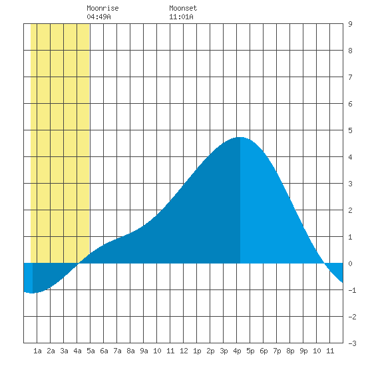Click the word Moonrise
point(102,8)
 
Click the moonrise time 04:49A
point(98,17)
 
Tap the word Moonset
point(183,8)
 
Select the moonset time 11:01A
point(181,17)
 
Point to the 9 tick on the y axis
point(350,24)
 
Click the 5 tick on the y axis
point(350,130)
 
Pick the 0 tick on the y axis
point(350,264)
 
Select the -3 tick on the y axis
point(352,343)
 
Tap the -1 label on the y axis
point(352,290)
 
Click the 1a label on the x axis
point(37,351)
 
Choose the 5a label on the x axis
point(91,351)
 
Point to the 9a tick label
point(144,351)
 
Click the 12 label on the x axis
point(184,351)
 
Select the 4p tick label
point(237,351)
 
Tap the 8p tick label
point(290,351)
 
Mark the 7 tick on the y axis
point(350,77)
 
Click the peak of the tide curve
point(240,137)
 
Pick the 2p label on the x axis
point(210,351)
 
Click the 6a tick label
point(104,351)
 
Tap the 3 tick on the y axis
point(350,184)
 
